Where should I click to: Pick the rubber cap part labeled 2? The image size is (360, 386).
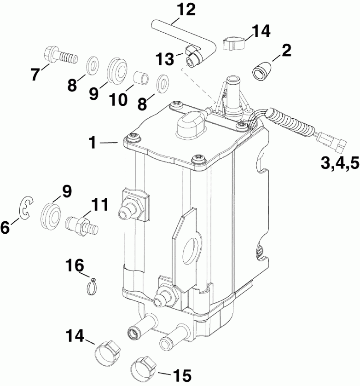click(261, 72)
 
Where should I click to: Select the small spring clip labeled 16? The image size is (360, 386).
click(93, 286)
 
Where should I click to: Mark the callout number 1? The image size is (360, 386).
click(93, 143)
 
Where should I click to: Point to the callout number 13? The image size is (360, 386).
click(165, 59)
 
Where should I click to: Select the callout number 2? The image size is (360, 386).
click(286, 50)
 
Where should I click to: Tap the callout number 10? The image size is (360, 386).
click(119, 99)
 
